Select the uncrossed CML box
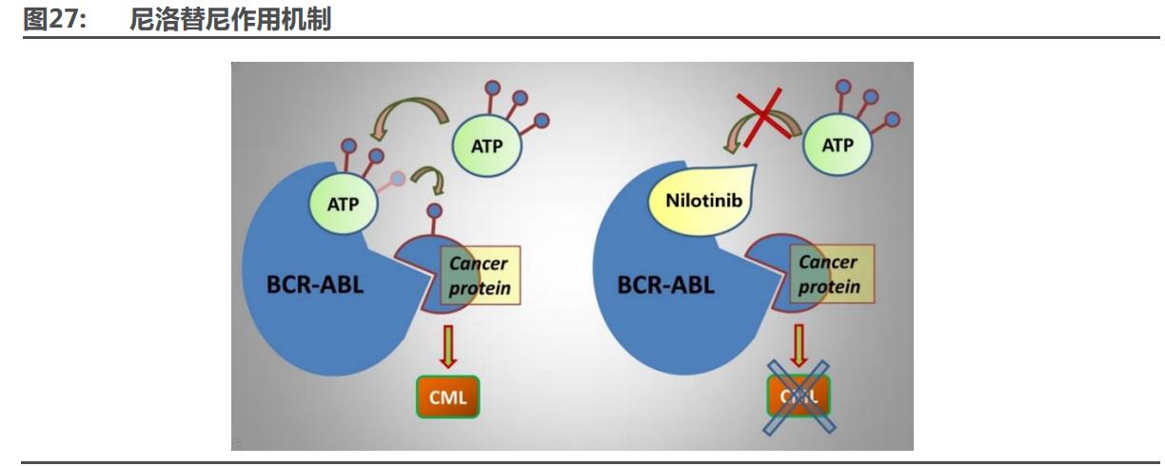(x=445, y=397)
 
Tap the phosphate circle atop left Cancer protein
(x=435, y=211)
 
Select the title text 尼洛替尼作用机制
(x=229, y=19)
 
